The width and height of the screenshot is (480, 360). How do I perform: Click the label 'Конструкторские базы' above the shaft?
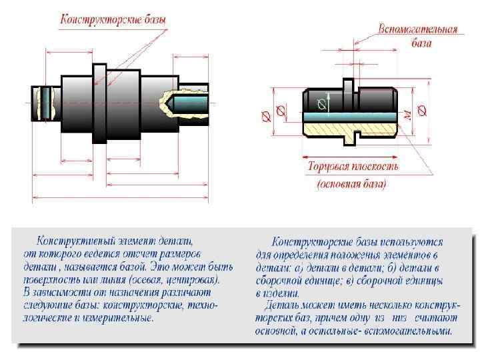coord(113,20)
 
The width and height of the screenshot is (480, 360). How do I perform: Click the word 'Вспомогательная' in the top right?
coord(417,30)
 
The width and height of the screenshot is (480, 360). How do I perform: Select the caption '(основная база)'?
coord(351,183)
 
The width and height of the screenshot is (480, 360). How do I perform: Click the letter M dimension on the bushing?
coord(407,115)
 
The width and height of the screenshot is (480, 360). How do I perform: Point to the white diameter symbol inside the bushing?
coord(323,103)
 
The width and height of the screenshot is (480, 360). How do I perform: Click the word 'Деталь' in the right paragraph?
coord(281,305)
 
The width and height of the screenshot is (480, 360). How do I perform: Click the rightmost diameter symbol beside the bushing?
coord(421,111)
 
